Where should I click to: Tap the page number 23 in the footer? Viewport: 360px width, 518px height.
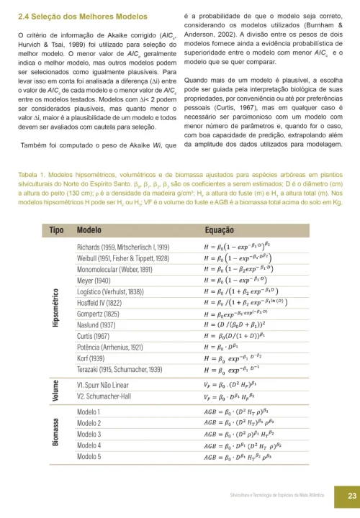coord(346,495)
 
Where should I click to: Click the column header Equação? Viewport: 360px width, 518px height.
coord(218,230)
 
